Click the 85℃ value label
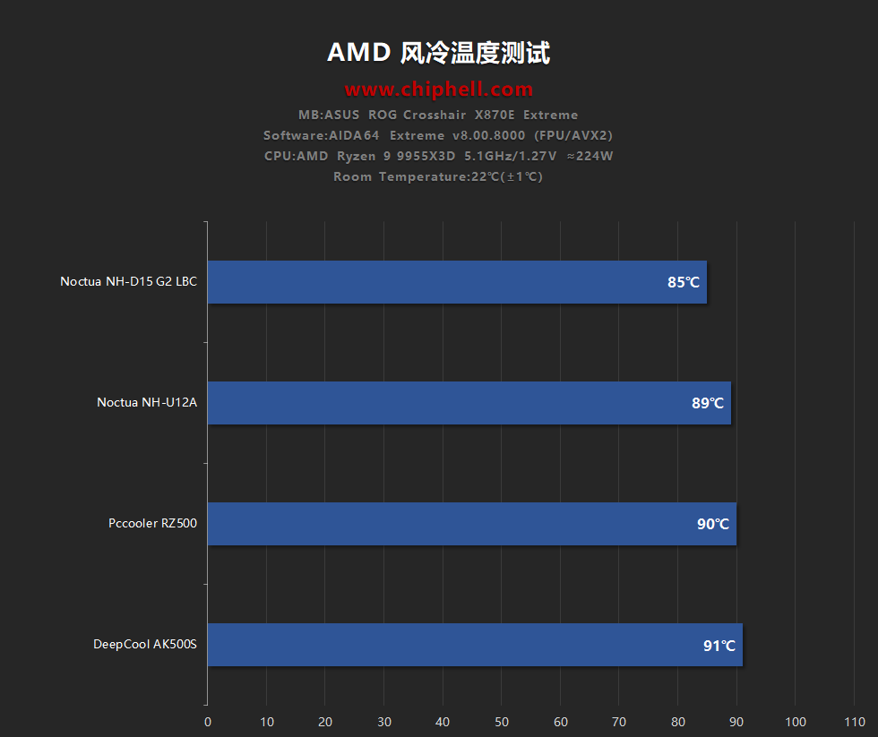pyautogui.click(x=684, y=283)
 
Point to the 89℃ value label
pyautogui.click(x=708, y=404)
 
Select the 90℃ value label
pyautogui.click(x=713, y=525)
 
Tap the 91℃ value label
pyautogui.click(x=719, y=646)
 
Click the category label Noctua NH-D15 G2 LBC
pyautogui.click(x=128, y=282)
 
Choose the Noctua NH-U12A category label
pyautogui.click(x=147, y=403)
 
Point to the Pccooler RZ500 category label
pyautogui.click(x=152, y=524)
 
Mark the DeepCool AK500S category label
pyautogui.click(x=145, y=645)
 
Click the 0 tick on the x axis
pyautogui.click(x=207, y=722)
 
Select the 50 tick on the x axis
pyautogui.click(x=502, y=722)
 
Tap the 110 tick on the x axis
pyautogui.click(x=855, y=722)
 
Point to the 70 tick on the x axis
pyautogui.click(x=619, y=722)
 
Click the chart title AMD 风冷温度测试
pyautogui.click(x=438, y=53)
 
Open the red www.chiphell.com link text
pyautogui.click(x=438, y=90)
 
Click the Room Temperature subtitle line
pyautogui.click(x=438, y=176)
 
